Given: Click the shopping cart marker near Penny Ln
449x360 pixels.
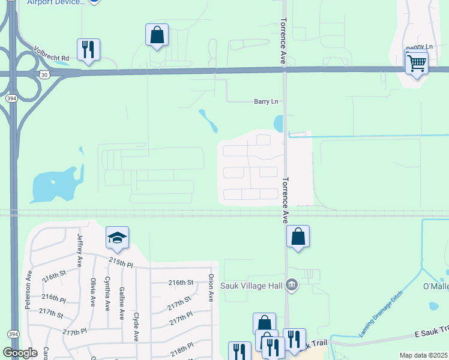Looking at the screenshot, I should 416,62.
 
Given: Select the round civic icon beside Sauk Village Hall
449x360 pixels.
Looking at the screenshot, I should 292,284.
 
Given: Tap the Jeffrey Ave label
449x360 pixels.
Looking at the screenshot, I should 79,250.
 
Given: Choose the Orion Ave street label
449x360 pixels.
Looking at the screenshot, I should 211,288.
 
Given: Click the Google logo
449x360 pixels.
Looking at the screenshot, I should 20,353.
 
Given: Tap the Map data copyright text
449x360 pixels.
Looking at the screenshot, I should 424,355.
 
